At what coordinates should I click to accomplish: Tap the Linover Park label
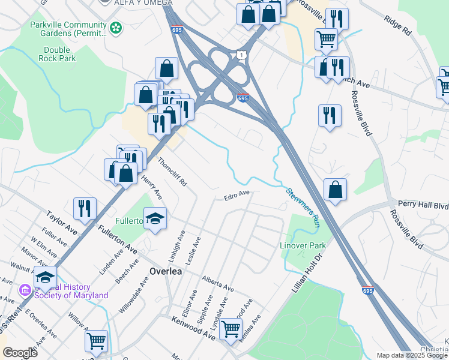point(303,246)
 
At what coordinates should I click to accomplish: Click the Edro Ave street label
point(237,195)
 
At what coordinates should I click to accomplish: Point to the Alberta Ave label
point(217,284)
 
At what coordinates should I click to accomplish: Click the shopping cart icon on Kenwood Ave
point(231,329)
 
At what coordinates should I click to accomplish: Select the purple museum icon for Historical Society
point(25,290)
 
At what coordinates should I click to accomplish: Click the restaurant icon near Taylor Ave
point(85,208)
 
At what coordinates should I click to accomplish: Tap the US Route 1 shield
point(241,55)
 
